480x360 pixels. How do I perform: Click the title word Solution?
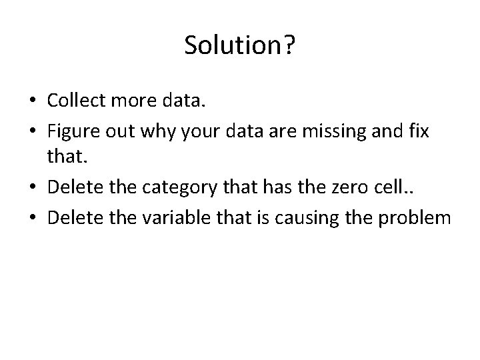click(x=239, y=45)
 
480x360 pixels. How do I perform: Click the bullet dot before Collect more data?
click(x=32, y=101)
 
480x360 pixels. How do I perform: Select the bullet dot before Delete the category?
click(x=32, y=194)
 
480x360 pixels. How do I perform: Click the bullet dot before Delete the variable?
click(x=32, y=217)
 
